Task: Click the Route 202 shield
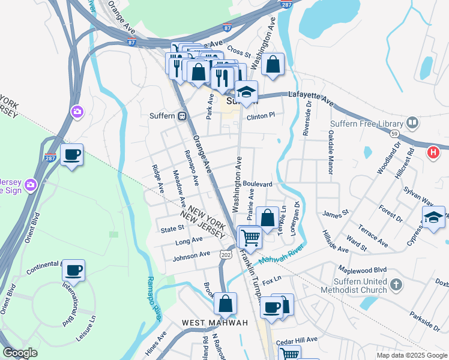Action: click(226, 255)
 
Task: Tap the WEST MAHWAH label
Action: click(215, 323)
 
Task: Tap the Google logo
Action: click(20, 353)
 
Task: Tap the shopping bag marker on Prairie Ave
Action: click(268, 217)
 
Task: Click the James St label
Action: click(336, 213)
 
